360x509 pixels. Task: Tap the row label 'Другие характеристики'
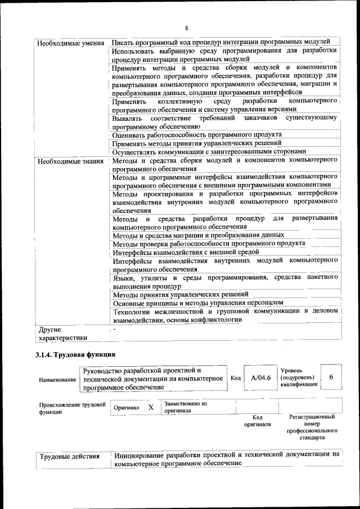click(62, 334)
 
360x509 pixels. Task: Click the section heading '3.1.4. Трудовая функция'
click(75, 355)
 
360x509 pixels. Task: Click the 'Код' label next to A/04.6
click(236, 378)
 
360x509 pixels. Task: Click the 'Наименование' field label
click(57, 380)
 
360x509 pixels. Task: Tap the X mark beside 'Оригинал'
click(150, 407)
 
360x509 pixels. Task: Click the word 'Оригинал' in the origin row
click(126, 408)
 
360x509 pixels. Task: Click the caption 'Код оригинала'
click(258, 421)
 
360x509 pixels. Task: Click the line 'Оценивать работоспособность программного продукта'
click(197, 135)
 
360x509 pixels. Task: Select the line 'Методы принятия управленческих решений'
click(181, 294)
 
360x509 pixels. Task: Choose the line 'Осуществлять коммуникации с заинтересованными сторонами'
click(209, 152)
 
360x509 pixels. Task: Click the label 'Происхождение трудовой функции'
click(72, 408)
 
